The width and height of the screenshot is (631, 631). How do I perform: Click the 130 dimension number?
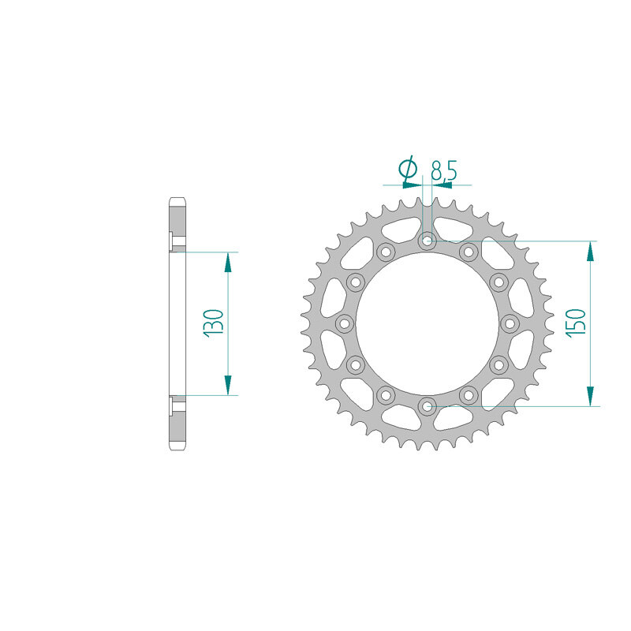[214, 323]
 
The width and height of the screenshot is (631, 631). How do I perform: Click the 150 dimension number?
[576, 323]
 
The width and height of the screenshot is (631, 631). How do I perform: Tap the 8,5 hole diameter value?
[444, 170]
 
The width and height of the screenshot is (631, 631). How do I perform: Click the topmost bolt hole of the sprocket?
[427, 241]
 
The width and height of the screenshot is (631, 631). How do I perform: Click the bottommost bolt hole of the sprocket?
[427, 406]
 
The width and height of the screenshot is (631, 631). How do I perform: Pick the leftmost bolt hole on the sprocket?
[345, 323]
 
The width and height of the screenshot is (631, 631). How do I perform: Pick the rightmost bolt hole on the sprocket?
[510, 323]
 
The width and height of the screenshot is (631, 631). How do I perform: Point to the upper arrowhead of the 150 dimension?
[590, 252]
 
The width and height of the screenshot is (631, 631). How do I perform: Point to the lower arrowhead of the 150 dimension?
[590, 396]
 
